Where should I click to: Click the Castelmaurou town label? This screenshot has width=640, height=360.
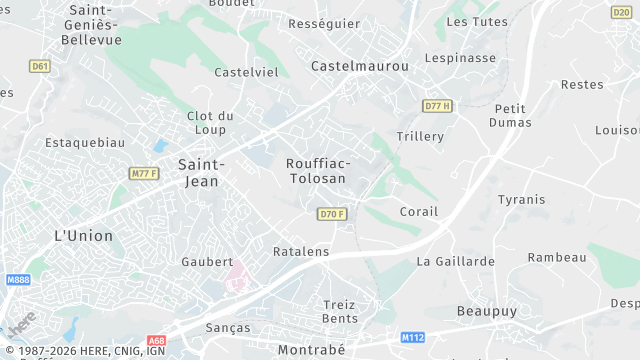[360, 66]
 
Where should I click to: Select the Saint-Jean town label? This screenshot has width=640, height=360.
[201, 171]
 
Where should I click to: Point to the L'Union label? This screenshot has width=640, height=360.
[83, 236]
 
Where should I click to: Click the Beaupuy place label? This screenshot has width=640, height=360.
[487, 311]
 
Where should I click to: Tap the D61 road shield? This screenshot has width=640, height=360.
[40, 66]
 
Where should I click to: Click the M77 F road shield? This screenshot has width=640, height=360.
[144, 174]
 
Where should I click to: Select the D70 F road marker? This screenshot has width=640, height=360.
[332, 214]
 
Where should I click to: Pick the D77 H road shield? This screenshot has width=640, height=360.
[437, 106]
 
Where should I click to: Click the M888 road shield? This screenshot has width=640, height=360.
[18, 280]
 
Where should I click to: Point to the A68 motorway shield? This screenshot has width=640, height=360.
[156, 340]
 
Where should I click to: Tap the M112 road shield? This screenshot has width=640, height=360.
[412, 338]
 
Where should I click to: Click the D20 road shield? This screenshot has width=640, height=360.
[621, 12]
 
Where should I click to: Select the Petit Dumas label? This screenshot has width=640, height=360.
[510, 115]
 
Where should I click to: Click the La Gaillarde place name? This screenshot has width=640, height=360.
[455, 261]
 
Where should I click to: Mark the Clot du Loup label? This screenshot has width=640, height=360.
[210, 122]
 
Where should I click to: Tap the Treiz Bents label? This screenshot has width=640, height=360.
[340, 311]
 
